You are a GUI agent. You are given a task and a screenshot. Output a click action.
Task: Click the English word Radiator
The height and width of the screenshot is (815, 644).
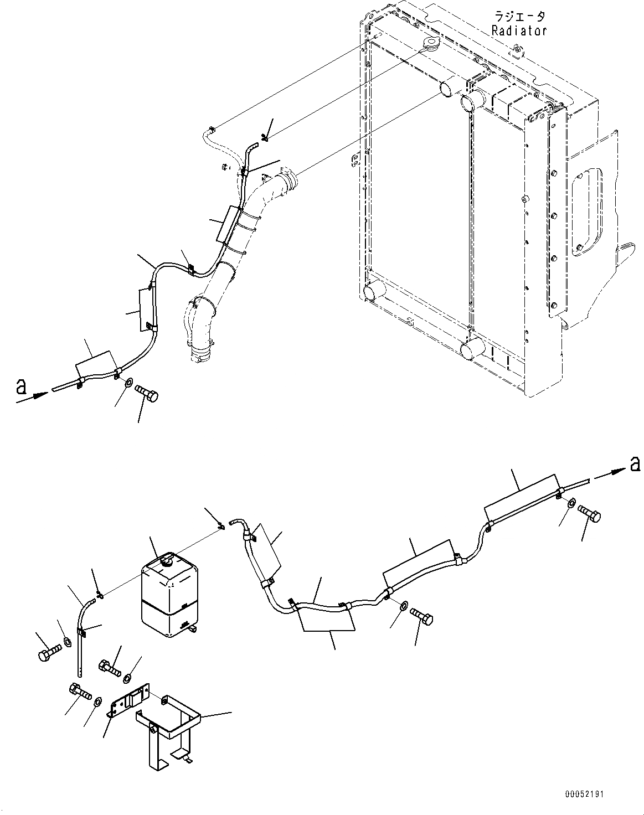pos(519,31)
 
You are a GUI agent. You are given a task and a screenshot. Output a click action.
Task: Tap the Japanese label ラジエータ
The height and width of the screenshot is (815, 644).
pos(519,17)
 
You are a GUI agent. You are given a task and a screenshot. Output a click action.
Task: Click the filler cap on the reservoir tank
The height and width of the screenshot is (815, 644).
pos(166,562)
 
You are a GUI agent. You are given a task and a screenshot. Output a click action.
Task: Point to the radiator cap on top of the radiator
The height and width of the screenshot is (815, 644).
pos(430,44)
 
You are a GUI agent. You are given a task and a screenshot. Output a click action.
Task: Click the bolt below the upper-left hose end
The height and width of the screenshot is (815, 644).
pos(147,394)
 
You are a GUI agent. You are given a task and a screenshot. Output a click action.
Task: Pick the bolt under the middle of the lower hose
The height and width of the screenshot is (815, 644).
pos(422,615)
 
